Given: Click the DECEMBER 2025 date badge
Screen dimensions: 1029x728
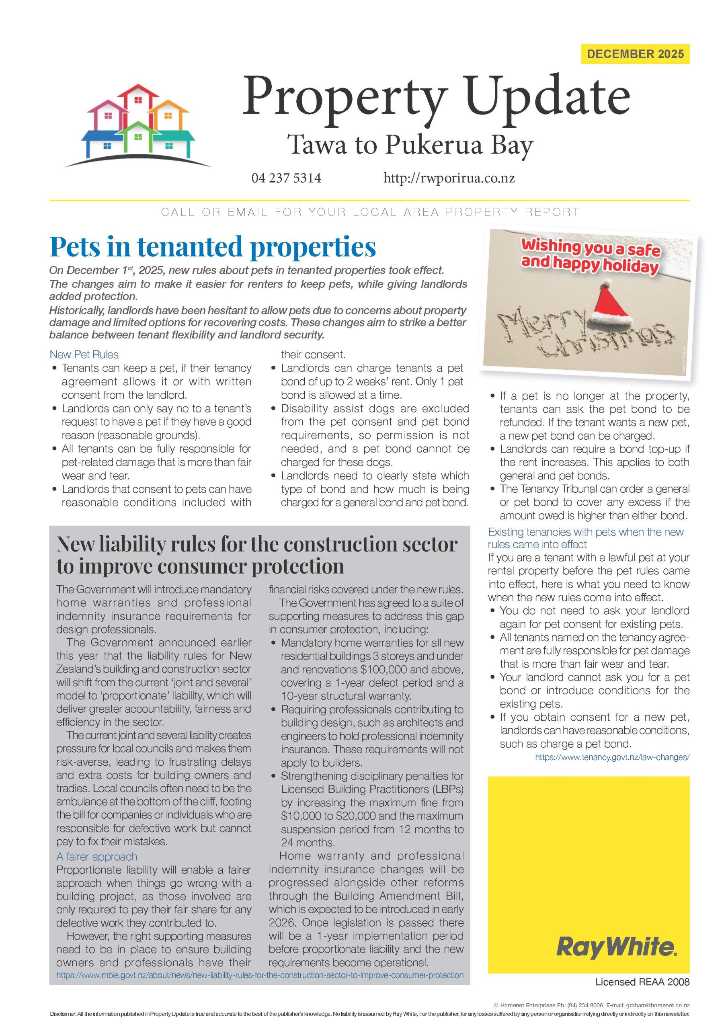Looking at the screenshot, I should click(x=635, y=54).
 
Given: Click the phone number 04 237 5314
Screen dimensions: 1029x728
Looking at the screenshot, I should click(x=286, y=178).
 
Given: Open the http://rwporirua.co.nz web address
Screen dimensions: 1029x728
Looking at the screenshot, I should click(x=449, y=178).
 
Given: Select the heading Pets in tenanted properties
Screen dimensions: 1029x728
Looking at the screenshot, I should click(x=213, y=246).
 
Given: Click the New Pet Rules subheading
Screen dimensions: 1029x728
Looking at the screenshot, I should click(x=84, y=355).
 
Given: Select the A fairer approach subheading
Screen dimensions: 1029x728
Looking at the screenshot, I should click(x=96, y=857).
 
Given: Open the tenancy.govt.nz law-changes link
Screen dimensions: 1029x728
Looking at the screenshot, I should click(x=612, y=757).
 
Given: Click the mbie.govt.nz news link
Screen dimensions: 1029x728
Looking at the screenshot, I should click(x=260, y=975).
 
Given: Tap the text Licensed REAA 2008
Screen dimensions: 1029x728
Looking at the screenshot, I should click(x=642, y=994).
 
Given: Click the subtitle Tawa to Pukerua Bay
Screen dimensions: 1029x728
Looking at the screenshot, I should click(x=410, y=144).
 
